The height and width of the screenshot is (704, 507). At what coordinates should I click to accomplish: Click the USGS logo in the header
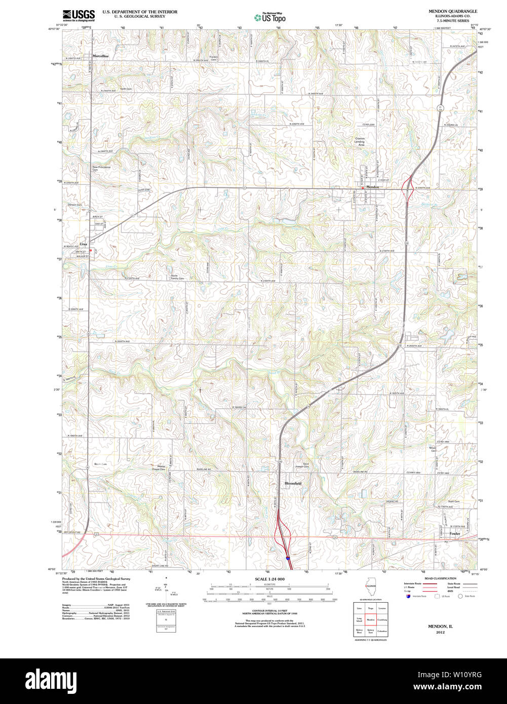click(x=79, y=16)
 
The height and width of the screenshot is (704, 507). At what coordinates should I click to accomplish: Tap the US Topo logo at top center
click(x=269, y=17)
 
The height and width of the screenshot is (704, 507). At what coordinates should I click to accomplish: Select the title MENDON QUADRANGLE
click(x=452, y=11)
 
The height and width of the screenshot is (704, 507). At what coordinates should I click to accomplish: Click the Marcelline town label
click(x=100, y=56)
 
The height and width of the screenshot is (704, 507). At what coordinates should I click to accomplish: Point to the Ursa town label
click(x=83, y=244)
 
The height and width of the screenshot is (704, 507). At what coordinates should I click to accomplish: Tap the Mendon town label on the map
click(x=372, y=187)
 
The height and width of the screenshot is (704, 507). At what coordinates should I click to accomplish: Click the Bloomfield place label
click(x=293, y=484)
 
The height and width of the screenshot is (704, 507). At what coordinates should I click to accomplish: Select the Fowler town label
click(x=454, y=533)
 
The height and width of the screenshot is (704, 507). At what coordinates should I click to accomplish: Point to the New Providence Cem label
click(x=101, y=168)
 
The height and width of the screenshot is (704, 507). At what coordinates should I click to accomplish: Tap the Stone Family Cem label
click(x=177, y=277)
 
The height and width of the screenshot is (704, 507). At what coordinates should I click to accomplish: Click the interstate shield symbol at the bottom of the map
click(x=288, y=558)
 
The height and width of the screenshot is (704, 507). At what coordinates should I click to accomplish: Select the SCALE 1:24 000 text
click(x=269, y=579)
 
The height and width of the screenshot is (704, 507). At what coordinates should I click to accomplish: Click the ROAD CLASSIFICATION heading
click(x=440, y=578)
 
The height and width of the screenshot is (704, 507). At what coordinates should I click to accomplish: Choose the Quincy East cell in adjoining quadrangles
click(x=371, y=631)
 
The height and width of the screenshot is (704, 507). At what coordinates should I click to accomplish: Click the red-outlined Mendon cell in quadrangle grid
click(x=371, y=619)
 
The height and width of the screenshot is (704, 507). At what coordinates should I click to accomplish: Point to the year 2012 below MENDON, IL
click(x=440, y=632)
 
